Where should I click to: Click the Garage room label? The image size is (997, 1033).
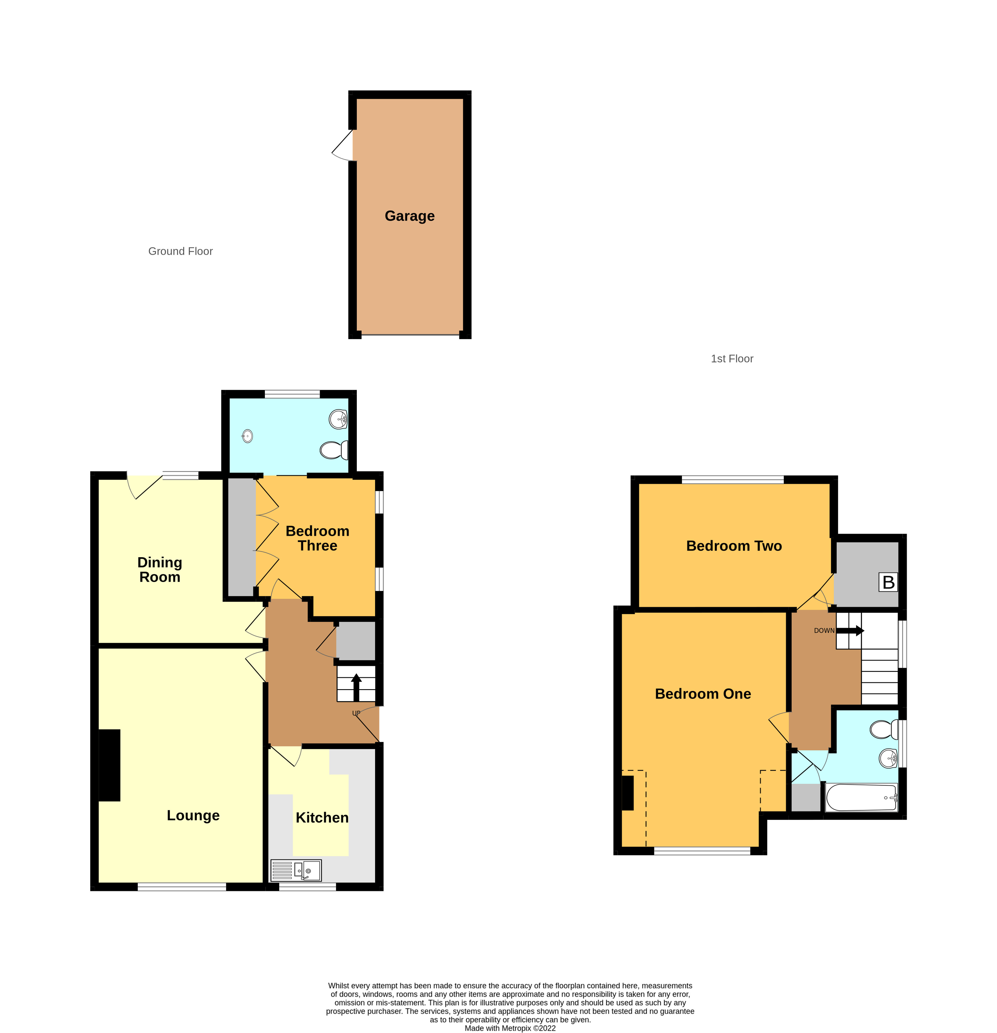point(409,216)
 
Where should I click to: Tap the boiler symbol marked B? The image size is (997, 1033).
point(888,582)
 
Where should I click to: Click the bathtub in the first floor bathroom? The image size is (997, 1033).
point(861,797)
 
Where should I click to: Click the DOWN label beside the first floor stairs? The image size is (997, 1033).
point(824,630)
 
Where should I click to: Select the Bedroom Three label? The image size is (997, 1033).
point(317,538)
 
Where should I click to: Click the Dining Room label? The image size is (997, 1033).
point(159,570)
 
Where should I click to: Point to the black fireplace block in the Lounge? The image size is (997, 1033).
point(110,765)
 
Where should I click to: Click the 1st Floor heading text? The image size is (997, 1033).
point(732,359)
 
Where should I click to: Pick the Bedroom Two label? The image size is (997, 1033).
point(734,546)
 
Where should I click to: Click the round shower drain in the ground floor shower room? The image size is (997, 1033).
point(248,436)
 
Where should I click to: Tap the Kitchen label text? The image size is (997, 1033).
point(322,818)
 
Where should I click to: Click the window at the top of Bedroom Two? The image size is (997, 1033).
point(733,480)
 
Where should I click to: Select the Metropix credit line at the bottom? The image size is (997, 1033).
point(510,1028)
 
